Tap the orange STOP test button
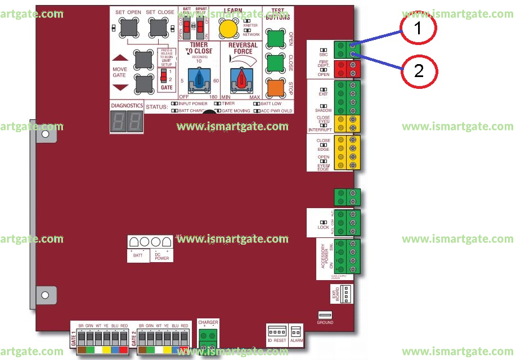pyautogui.click(x=276, y=88)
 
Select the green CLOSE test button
pyautogui.click(x=276, y=62)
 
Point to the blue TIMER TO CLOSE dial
pyautogui.click(x=199, y=79)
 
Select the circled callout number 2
pyautogui.click(x=418, y=70)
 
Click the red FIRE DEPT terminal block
pyautogui.click(x=347, y=69)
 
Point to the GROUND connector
pyautogui.click(x=325, y=315)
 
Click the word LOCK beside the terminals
pyautogui.click(x=323, y=227)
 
